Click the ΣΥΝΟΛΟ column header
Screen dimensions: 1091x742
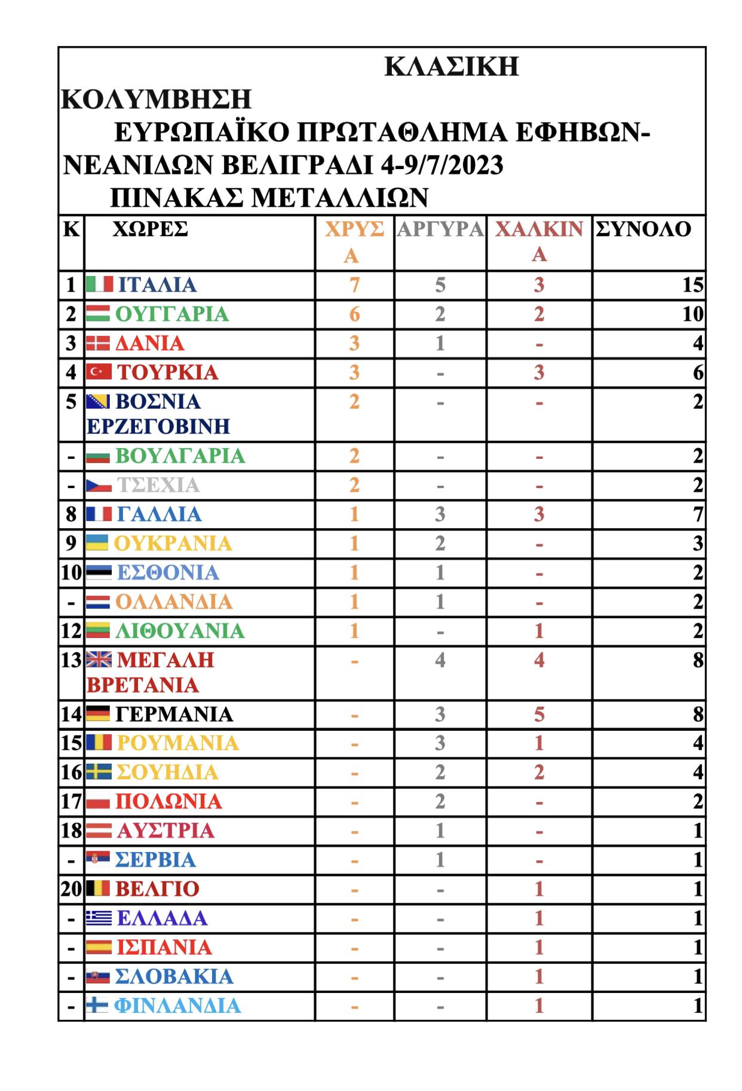[643, 229]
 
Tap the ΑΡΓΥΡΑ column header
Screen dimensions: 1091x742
[440, 229]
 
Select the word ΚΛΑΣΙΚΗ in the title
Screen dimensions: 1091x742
[452, 66]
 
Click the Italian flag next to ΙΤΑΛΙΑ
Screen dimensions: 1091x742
[99, 284]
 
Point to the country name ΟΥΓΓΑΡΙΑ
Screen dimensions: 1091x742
[172, 314]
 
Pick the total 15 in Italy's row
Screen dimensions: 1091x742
[692, 284]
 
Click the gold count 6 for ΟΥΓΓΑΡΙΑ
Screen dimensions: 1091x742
[354, 314]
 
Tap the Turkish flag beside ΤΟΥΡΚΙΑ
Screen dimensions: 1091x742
[99, 372]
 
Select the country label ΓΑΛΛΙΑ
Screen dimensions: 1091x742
[160, 514]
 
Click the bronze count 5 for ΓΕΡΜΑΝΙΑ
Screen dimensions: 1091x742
[539, 714]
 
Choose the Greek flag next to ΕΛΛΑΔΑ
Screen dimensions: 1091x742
[99, 918]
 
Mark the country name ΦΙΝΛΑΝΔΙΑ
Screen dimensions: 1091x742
[177, 1006]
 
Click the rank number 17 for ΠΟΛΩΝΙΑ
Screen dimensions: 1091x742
[71, 801]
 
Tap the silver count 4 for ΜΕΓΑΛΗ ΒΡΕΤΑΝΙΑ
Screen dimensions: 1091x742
[440, 660]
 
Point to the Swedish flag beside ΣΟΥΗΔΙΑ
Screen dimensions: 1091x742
[99, 772]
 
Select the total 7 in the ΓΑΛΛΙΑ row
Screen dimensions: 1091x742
[697, 514]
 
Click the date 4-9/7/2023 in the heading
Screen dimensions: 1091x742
[442, 165]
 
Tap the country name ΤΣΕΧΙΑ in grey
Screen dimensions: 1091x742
[158, 485]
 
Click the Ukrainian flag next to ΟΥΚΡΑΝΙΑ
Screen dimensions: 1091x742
[97, 543]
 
